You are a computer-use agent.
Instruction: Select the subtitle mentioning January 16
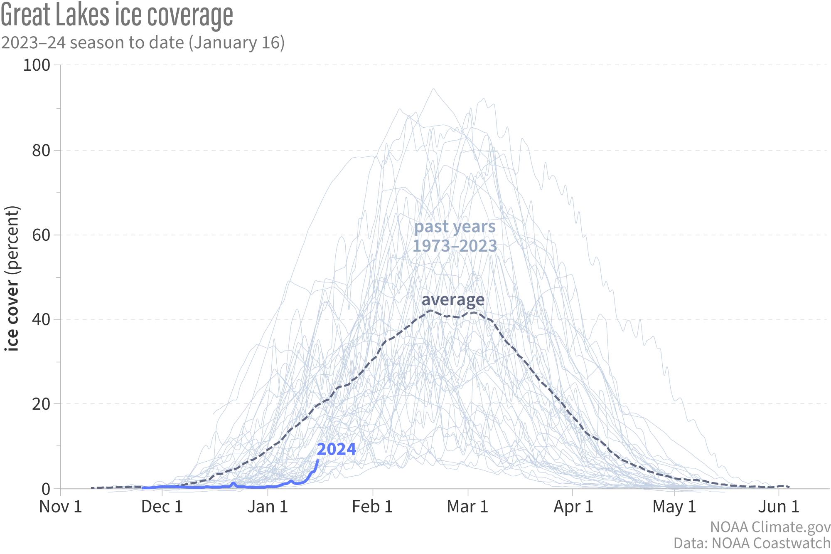pyautogui.click(x=143, y=43)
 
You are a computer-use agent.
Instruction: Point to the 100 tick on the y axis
pyautogui.click(x=36, y=65)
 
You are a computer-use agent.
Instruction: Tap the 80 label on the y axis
pyautogui.click(x=41, y=151)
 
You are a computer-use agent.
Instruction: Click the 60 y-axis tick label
pyautogui.click(x=41, y=235)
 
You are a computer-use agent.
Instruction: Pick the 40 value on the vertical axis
pyautogui.click(x=41, y=319)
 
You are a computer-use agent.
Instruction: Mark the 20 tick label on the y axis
pyautogui.click(x=41, y=404)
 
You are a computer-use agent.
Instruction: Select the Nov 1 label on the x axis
pyautogui.click(x=61, y=507)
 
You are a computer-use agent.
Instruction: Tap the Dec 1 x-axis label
pyautogui.click(x=162, y=507)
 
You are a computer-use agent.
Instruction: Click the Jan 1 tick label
pyautogui.click(x=268, y=507)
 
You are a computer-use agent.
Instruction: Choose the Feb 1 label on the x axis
pyautogui.click(x=372, y=507)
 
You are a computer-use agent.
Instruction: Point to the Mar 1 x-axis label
pyautogui.click(x=467, y=507)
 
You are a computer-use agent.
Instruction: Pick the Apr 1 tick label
pyautogui.click(x=573, y=507)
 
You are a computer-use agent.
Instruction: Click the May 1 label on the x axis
pyautogui.click(x=674, y=507)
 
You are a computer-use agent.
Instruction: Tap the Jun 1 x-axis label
pyautogui.click(x=779, y=507)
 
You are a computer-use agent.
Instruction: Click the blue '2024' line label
pyautogui.click(x=337, y=449)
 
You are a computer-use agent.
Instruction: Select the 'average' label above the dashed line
pyautogui.click(x=453, y=300)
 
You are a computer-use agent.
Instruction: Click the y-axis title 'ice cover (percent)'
pyautogui.click(x=12, y=278)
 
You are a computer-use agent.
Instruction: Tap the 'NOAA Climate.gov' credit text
pyautogui.click(x=770, y=527)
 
